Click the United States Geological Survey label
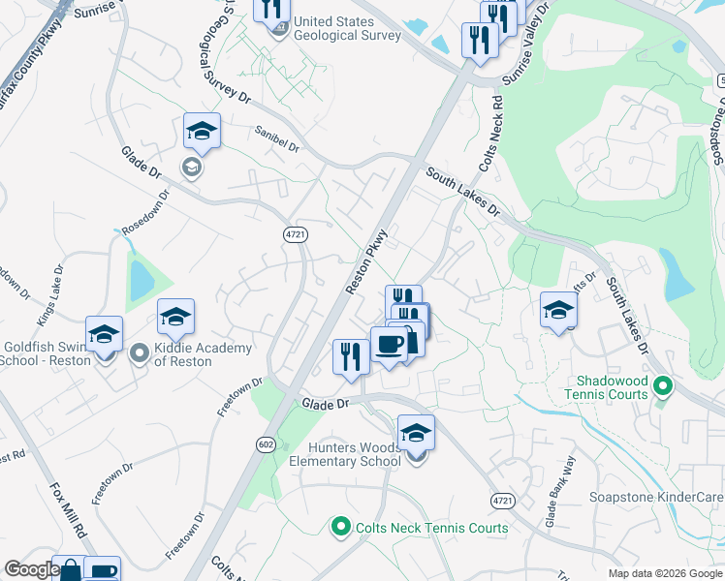347,28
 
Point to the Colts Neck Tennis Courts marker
340,528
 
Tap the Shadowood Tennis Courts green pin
663,387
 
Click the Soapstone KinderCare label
656,498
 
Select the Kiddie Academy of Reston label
204,354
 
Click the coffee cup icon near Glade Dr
390,346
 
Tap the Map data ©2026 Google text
665,573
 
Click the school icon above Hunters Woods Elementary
416,432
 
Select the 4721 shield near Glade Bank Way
501,500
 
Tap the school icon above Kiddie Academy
175,317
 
